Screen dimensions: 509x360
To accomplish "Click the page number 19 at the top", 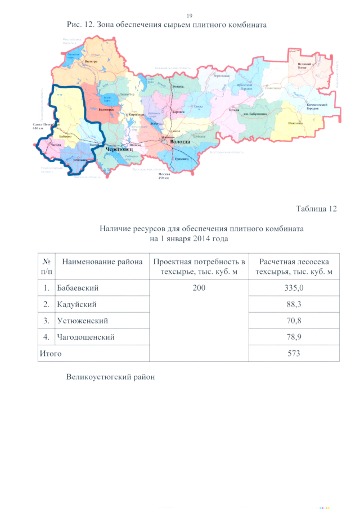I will [189, 15].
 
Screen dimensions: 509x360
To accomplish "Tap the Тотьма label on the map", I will [235, 110].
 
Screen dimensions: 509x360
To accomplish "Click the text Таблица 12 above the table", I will [316, 209].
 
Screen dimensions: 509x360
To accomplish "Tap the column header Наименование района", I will [102, 262].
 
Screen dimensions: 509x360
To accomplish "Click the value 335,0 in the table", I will [294, 287].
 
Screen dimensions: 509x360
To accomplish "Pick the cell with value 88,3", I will [294, 304].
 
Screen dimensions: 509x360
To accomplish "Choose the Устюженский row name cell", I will [82, 321].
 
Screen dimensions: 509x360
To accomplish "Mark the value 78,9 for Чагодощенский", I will [294, 337].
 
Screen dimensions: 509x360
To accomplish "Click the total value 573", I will [294, 353].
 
